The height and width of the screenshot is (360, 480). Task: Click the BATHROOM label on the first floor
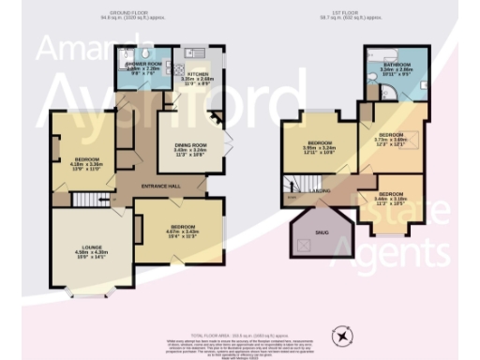(x=398, y=67)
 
